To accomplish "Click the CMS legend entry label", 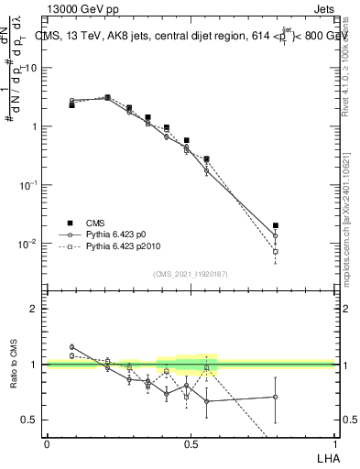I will pos(96,223).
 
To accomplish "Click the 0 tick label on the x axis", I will pos(47,442).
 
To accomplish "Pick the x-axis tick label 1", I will pos(333,442).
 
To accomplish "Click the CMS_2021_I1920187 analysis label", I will pos(190,274).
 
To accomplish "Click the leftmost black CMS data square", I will pos(71,105).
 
